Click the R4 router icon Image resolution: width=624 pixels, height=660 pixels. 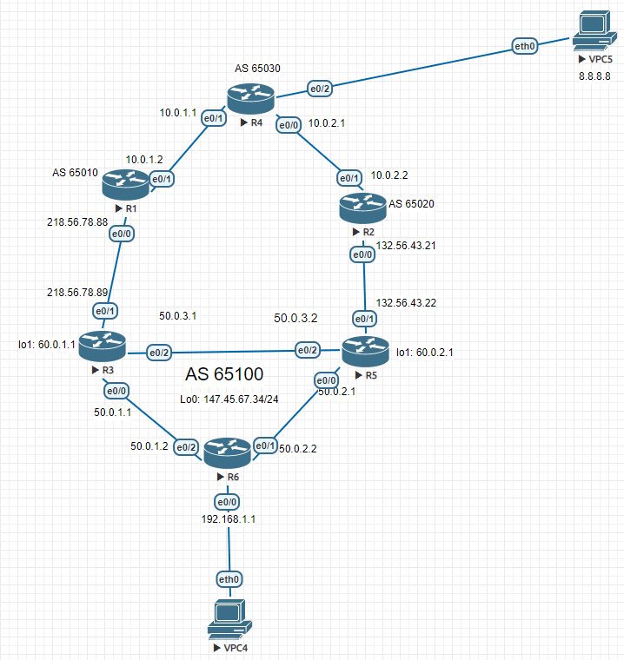[250, 98]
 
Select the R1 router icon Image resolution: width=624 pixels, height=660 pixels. [124, 183]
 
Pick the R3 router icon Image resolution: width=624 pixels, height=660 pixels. [102, 346]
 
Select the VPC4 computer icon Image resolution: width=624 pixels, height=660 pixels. [229, 619]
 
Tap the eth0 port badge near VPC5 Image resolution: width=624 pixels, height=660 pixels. [525, 46]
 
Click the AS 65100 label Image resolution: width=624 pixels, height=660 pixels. [225, 375]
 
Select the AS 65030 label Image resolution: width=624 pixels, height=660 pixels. [257, 68]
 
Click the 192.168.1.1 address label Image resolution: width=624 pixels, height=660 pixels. [229, 518]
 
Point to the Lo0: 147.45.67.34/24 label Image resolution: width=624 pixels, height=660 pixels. [229, 400]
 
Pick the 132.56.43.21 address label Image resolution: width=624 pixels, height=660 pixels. [406, 246]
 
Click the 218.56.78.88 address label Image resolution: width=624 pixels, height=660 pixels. [77, 222]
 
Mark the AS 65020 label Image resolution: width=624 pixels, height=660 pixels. [412, 204]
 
